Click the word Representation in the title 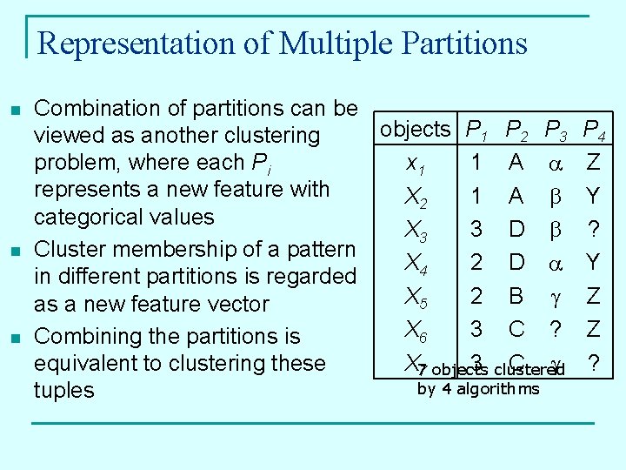(x=123, y=43)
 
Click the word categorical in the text (x=84, y=217)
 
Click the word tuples (x=63, y=390)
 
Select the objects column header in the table (x=416, y=130)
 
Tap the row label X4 (x=415, y=262)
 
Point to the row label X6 (x=415, y=329)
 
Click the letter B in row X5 (x=516, y=296)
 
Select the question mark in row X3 (x=593, y=229)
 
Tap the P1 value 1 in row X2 (x=476, y=196)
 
